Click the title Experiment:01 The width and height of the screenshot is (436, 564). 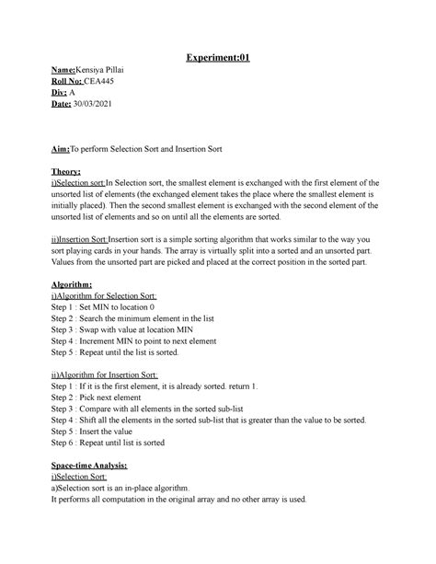click(217, 59)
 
